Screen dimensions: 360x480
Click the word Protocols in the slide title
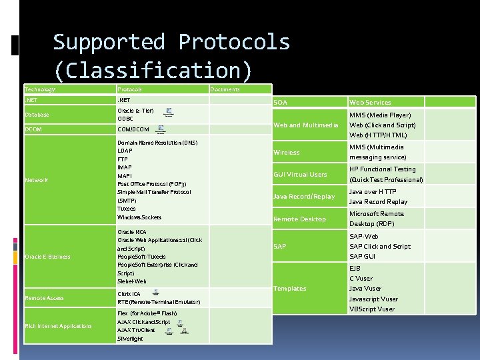[x=234, y=42]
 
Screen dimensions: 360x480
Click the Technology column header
[x=40, y=89]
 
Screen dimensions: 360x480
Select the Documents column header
[x=225, y=89]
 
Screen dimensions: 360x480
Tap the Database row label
[x=37, y=115]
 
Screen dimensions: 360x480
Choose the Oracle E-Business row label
[x=47, y=257]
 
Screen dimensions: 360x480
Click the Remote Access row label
[x=44, y=298]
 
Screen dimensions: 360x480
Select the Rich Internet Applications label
[x=58, y=326]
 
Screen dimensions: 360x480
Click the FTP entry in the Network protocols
[x=123, y=159]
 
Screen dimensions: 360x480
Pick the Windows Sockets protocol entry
[x=139, y=217]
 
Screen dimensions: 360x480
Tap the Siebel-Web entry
[x=131, y=282]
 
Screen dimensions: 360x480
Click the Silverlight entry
[x=130, y=339]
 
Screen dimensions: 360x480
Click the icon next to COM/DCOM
[x=161, y=129]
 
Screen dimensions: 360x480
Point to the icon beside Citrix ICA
[x=155, y=293]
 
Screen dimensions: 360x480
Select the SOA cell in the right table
[x=280, y=102]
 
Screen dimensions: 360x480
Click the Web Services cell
[x=370, y=102]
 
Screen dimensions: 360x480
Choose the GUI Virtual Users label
[x=300, y=175]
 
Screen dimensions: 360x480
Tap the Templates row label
[x=289, y=289]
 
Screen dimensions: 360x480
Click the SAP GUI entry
[x=363, y=257]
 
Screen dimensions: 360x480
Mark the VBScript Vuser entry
[x=372, y=309]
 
